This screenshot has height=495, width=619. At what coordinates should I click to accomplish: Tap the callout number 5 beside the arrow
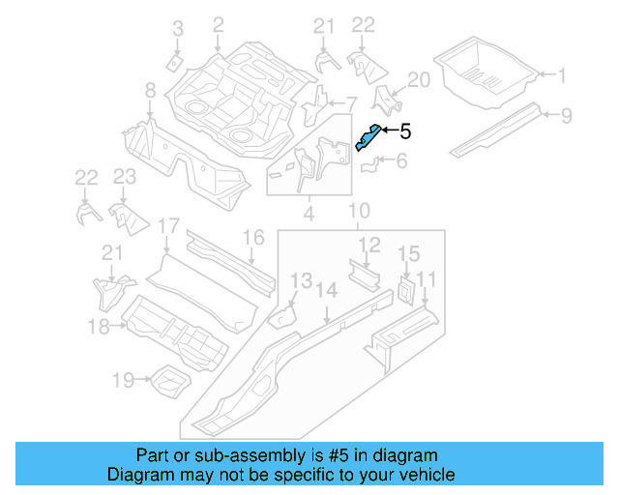pyautogui.click(x=405, y=131)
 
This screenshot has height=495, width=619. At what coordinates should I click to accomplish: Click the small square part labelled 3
pyautogui.click(x=174, y=63)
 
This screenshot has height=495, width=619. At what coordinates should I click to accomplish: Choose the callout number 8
pyautogui.click(x=150, y=91)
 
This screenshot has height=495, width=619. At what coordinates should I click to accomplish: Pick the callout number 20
pyautogui.click(x=418, y=79)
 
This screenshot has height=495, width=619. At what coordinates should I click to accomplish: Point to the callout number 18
pyautogui.click(x=99, y=327)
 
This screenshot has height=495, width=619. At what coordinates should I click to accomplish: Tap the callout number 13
pyautogui.click(x=302, y=280)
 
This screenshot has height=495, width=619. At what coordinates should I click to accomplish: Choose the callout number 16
pyautogui.click(x=253, y=238)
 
